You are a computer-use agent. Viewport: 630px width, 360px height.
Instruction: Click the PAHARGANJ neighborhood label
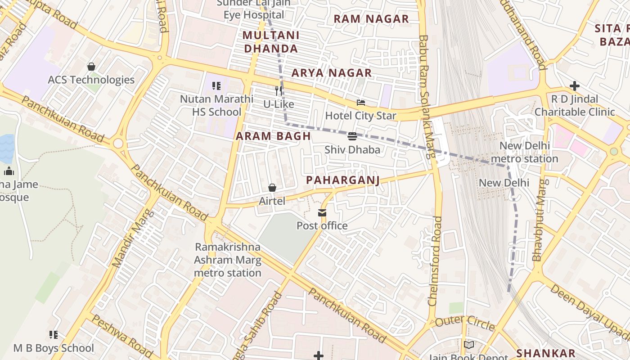point(343,180)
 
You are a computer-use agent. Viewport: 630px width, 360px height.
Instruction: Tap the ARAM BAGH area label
point(274,136)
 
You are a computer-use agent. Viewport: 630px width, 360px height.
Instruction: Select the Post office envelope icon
point(322,213)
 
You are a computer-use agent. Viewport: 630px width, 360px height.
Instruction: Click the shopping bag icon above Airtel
point(272,188)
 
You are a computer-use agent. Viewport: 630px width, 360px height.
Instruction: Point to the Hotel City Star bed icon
point(361,103)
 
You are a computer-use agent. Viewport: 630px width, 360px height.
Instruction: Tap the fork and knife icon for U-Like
point(279,91)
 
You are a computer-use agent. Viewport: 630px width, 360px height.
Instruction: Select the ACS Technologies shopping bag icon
point(91,67)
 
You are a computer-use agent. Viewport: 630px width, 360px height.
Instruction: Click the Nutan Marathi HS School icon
point(216,85)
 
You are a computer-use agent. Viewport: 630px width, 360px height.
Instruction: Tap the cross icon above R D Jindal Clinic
point(574,85)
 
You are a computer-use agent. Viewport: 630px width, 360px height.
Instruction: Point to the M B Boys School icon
point(54,335)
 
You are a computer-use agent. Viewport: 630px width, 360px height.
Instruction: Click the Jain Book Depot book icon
point(469,345)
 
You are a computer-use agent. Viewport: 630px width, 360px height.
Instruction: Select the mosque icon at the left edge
point(9,171)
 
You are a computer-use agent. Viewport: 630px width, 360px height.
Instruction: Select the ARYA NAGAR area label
point(332,73)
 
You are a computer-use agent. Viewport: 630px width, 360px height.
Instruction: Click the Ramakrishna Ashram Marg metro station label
point(227,260)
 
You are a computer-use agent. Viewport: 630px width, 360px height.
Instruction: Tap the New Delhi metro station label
point(524,152)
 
